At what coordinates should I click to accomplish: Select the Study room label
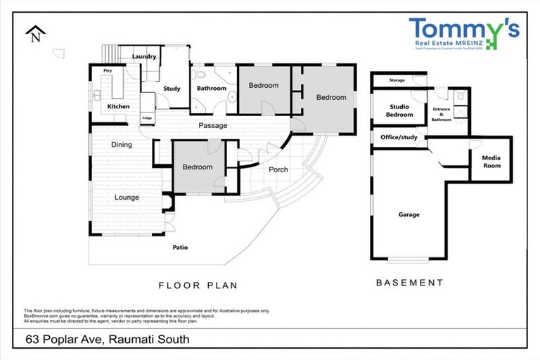pos(172,89)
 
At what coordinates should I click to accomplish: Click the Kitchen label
pos(118,106)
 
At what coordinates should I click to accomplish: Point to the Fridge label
pos(147,117)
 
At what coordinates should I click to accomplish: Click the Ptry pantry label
pos(108,71)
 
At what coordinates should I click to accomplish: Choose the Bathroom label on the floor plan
pos(211,89)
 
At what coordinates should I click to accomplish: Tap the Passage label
pos(212,126)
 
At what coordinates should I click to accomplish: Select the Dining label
pos(122,145)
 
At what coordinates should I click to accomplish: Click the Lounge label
pos(127,198)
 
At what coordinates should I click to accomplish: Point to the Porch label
pos(278,169)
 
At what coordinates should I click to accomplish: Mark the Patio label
pos(181,247)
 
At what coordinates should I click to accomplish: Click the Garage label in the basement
pos(409,214)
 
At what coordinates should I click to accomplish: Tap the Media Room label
pos(491,162)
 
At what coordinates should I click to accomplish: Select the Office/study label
pos(399,137)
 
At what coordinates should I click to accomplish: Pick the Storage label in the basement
pos(397,81)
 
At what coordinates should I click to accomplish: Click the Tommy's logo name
pos(463,30)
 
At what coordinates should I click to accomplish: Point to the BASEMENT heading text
pos(409,283)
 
